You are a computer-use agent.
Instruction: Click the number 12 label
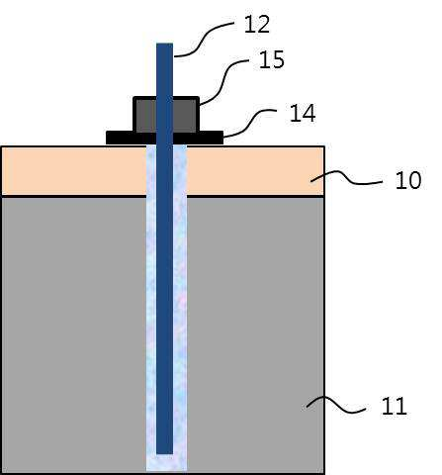coord(257,24)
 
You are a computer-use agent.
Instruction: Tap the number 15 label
coord(272,59)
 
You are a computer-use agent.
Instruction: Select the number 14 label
coord(303,113)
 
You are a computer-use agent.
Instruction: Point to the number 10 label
coord(408,180)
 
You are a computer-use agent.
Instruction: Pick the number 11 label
coord(395,406)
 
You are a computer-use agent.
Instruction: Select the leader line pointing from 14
coord(249,122)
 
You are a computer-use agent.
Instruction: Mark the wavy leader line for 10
coord(346,177)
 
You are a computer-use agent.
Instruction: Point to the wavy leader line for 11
coord(335,405)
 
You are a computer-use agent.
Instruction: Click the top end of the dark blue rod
coord(165,44)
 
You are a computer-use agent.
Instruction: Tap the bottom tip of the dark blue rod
coord(165,453)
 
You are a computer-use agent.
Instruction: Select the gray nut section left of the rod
coord(145,116)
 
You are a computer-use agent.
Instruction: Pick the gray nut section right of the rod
coord(186,116)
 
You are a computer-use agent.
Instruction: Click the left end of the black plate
coord(107,138)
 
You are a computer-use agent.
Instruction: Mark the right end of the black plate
coord(222,138)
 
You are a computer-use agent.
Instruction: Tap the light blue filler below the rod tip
coord(166,463)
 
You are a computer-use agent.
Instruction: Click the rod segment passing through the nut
coord(165,115)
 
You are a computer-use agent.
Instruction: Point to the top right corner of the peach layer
coord(324,146)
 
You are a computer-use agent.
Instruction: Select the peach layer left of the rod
coord(74,171)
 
